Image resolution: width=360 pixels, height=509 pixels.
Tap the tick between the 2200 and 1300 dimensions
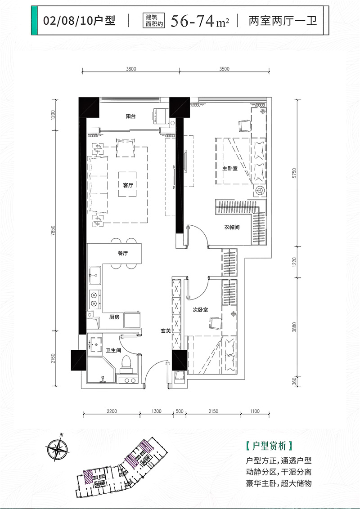point(140,414)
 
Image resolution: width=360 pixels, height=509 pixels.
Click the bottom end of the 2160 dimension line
point(55,386)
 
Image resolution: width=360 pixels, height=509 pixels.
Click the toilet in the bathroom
point(126,364)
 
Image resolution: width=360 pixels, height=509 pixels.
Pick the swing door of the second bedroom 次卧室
point(197,288)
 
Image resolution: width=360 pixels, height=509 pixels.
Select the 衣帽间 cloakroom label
point(232,227)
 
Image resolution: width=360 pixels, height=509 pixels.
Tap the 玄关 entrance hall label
point(166,331)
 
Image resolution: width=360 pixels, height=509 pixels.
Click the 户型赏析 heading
point(269,446)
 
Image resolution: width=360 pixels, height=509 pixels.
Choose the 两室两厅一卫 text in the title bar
point(283,22)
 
